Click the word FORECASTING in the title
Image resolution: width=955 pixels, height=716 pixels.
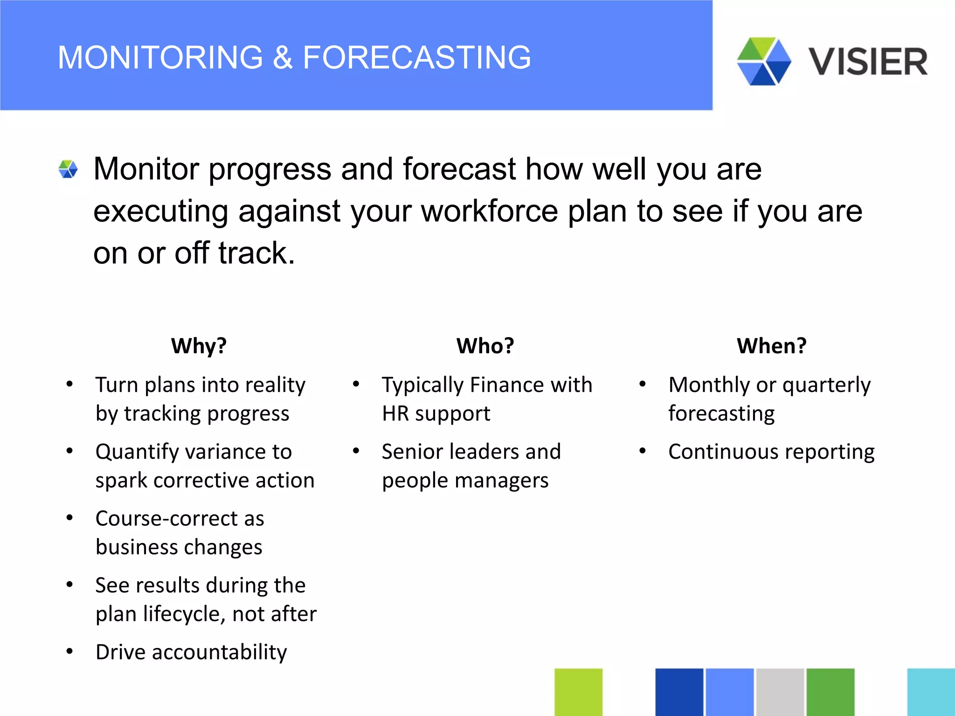point(416,57)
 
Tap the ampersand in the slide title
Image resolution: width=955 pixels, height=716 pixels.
point(283,57)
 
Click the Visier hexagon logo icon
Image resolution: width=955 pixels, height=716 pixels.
point(764,62)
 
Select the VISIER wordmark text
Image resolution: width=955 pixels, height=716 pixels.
point(867,62)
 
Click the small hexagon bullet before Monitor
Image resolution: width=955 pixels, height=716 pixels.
point(68,169)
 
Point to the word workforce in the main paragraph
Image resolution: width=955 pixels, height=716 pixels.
point(489,211)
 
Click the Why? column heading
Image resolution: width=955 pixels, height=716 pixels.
point(199,346)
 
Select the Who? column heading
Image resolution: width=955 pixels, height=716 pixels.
point(485,346)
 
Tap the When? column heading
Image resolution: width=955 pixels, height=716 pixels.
point(771,346)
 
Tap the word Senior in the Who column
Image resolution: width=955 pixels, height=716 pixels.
point(412,452)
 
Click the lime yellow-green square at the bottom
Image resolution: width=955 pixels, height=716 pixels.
point(578,692)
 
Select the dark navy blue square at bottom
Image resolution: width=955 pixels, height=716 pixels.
point(679,692)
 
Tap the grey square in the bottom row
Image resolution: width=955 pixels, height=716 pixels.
point(780,692)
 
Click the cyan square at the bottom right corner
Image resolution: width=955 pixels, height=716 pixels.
point(931,692)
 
